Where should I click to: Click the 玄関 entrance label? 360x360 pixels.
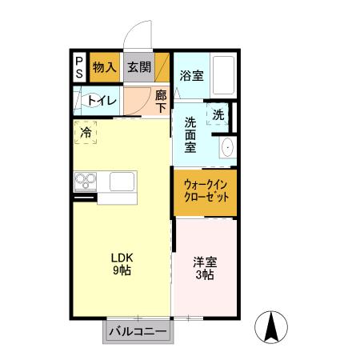[x=138, y=66]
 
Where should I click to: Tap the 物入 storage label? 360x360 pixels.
[x=105, y=66]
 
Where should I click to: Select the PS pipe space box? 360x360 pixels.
[x=79, y=66]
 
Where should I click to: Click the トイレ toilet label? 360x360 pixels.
[x=104, y=101]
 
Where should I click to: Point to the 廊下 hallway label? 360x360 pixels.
[x=161, y=100]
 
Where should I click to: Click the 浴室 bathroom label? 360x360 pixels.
[x=191, y=76]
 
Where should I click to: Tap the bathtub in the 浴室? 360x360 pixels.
[x=223, y=77]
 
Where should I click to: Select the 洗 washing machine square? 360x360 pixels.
[x=219, y=114]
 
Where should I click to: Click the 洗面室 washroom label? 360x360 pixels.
[x=191, y=135]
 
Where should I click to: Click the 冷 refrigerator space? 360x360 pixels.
[x=85, y=133]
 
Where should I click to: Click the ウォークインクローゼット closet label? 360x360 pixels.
[x=205, y=190]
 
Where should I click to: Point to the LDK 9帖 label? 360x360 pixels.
[x=121, y=263]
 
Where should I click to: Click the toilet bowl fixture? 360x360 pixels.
[x=82, y=101]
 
